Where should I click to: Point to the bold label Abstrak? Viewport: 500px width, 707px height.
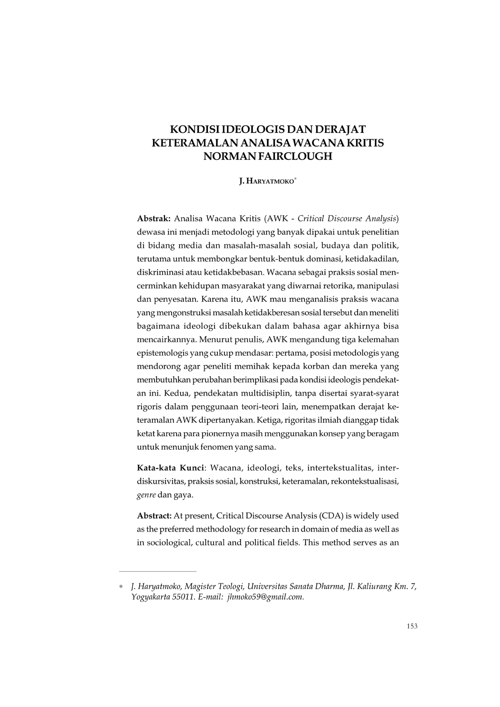pos(154,219)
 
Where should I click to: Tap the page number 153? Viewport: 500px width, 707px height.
pos(412,627)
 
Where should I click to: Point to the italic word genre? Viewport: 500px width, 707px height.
pos(146,495)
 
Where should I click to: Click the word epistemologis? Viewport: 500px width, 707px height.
pos(160,353)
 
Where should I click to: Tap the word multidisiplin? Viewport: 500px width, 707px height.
pos(242,393)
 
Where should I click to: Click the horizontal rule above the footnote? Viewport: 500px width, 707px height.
pos(157,571)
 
